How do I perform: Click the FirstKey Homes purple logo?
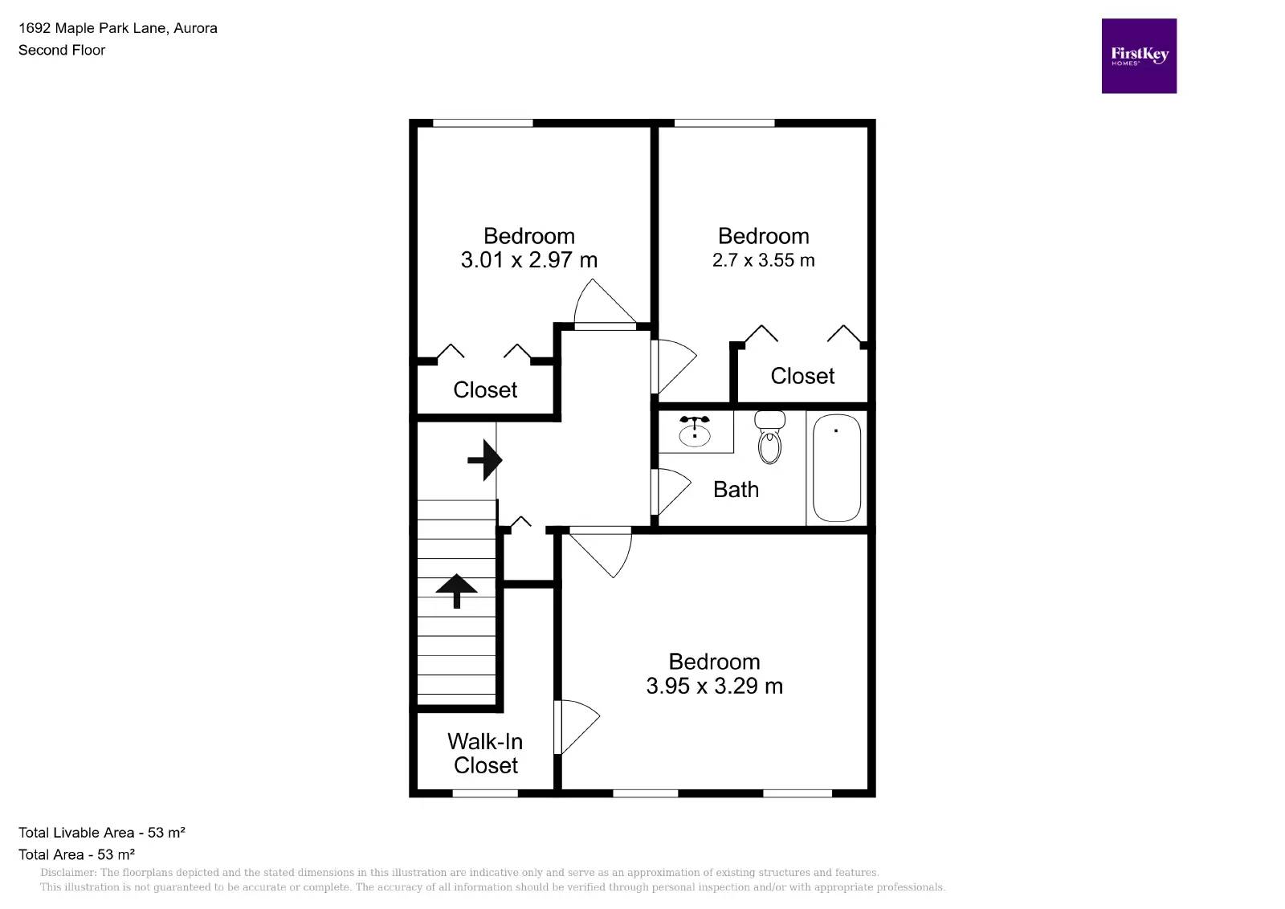click(1138, 56)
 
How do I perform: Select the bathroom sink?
click(694, 433)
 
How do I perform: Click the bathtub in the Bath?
click(836, 468)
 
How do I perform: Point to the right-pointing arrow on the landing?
click(485, 460)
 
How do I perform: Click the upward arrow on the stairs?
click(456, 591)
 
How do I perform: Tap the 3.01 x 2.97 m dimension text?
click(528, 260)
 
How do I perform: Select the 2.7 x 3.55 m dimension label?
click(763, 260)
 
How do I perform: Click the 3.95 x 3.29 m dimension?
click(714, 686)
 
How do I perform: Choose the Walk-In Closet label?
click(485, 753)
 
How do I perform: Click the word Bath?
click(736, 489)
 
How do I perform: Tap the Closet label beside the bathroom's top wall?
click(802, 376)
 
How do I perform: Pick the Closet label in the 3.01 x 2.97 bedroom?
click(485, 389)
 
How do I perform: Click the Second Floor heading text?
click(62, 50)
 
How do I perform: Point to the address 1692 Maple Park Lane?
click(118, 28)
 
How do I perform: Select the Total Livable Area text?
click(102, 833)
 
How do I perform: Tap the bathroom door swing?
click(671, 491)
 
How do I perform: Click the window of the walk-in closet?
click(485, 793)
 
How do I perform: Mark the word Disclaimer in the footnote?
click(67, 873)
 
